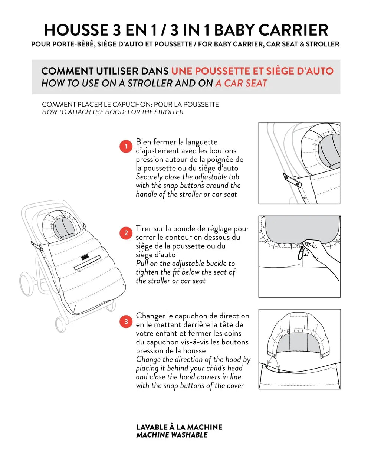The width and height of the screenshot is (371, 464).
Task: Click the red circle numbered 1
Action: point(126,146)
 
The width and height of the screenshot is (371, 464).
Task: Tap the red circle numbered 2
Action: point(126,233)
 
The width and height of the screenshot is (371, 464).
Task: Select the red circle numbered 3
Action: point(126,321)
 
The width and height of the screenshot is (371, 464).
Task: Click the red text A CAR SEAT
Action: point(241,83)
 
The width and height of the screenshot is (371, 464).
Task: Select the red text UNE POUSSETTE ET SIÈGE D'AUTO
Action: point(252,71)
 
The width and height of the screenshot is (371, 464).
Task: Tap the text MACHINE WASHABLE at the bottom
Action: point(172,435)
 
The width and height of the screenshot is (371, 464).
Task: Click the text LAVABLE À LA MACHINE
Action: point(179,427)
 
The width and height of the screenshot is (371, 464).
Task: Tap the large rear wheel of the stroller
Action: point(26,284)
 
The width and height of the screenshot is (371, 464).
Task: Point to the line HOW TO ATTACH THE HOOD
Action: point(112,112)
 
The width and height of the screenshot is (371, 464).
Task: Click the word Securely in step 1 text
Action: point(149,177)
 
